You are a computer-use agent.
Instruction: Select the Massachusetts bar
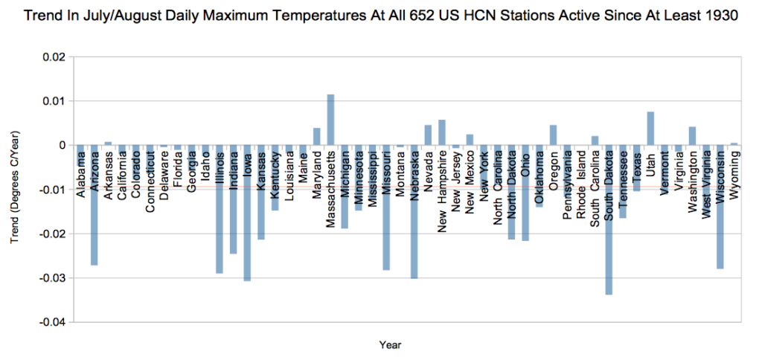click(330, 120)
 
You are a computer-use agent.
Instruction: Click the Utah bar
click(650, 128)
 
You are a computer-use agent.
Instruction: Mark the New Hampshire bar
click(442, 132)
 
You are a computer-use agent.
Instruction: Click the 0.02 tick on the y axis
click(55, 57)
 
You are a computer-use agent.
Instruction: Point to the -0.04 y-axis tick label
click(53, 322)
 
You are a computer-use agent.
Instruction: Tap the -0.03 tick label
click(53, 278)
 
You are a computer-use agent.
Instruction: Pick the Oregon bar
click(553, 135)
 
